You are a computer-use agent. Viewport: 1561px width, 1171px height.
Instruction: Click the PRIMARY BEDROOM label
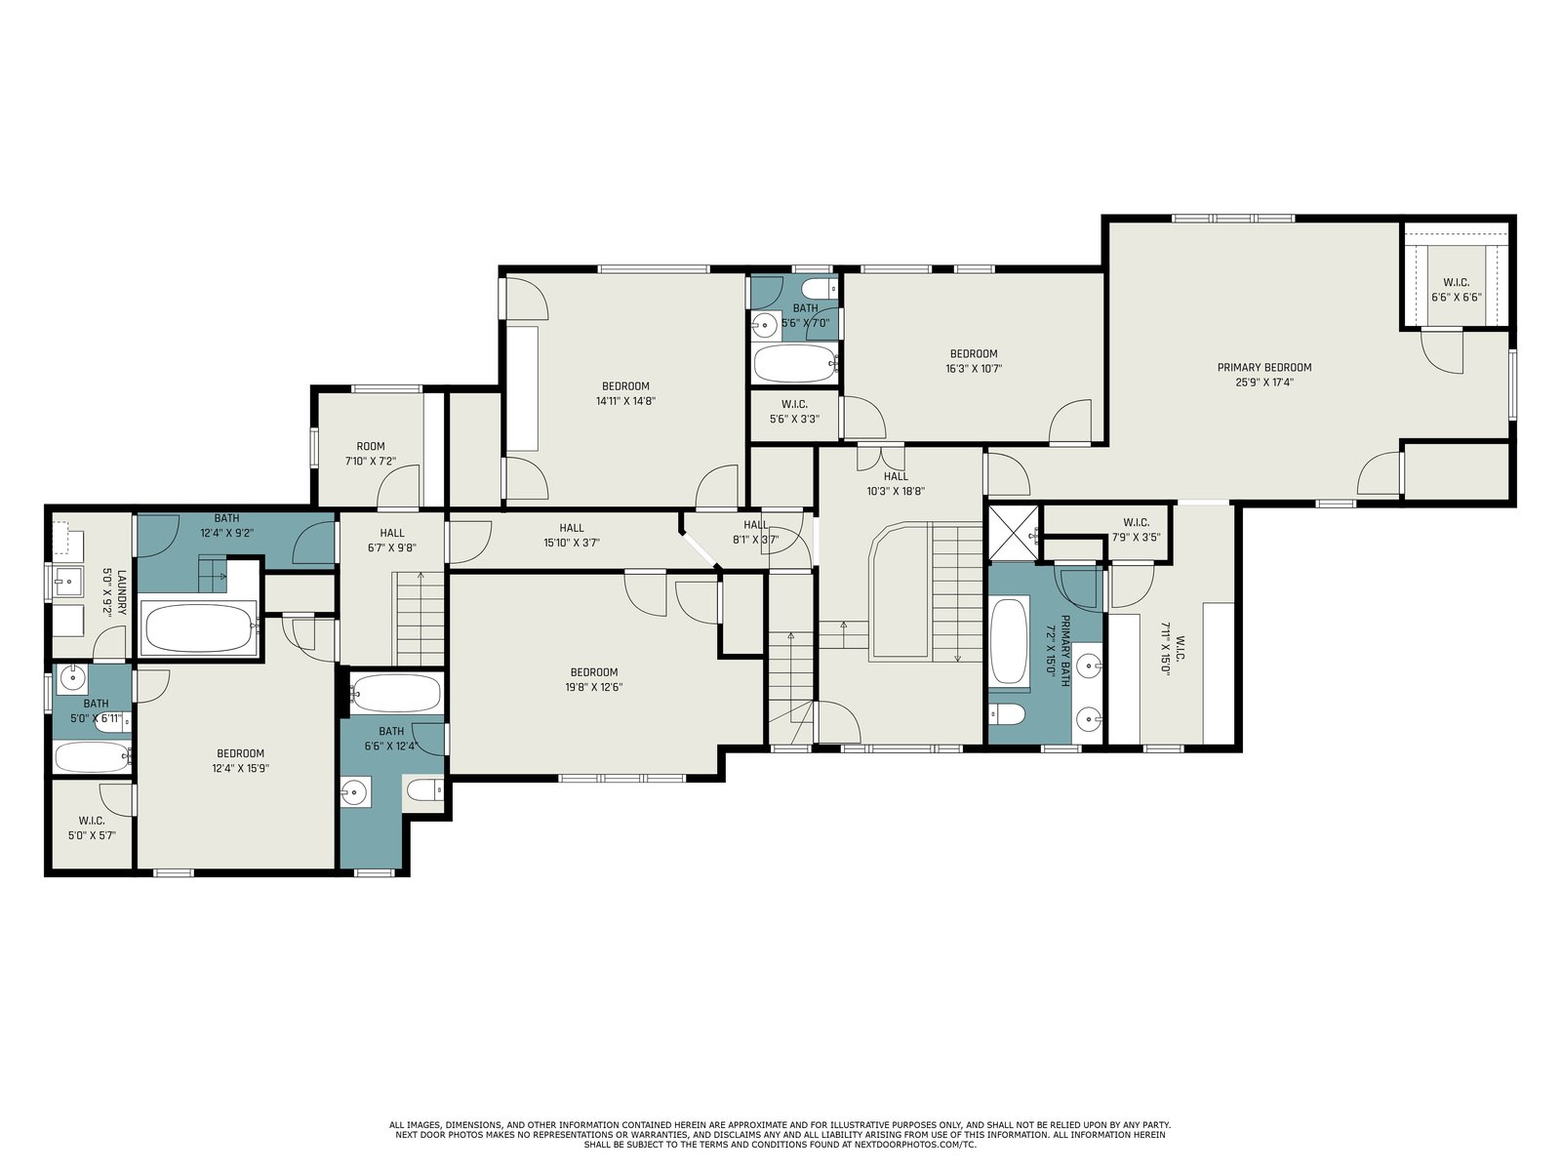1263,368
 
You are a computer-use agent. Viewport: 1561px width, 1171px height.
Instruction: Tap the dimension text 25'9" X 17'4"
1263,383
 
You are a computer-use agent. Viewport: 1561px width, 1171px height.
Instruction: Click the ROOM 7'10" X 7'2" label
371,454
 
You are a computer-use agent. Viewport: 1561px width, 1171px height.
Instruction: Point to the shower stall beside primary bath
1014,533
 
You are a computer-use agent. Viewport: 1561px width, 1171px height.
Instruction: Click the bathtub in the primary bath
1009,642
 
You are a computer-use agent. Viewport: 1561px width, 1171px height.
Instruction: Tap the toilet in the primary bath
1007,714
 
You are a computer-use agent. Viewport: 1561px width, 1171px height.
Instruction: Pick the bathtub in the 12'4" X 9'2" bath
200,627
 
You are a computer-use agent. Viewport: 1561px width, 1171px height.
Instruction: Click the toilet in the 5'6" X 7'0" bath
818,289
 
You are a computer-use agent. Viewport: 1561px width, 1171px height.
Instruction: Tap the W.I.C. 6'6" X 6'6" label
1457,290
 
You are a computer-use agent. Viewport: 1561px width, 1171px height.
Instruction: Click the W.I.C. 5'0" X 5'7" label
92,828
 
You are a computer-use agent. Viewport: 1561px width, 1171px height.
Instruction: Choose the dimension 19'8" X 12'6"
594,688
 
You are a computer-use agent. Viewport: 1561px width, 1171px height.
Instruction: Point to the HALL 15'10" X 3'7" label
572,536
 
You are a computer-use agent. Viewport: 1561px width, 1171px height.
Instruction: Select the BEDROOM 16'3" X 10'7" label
974,361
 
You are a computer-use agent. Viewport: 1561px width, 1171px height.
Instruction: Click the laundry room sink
68,582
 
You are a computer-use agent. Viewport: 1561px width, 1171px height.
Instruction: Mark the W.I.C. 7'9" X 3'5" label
1137,530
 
